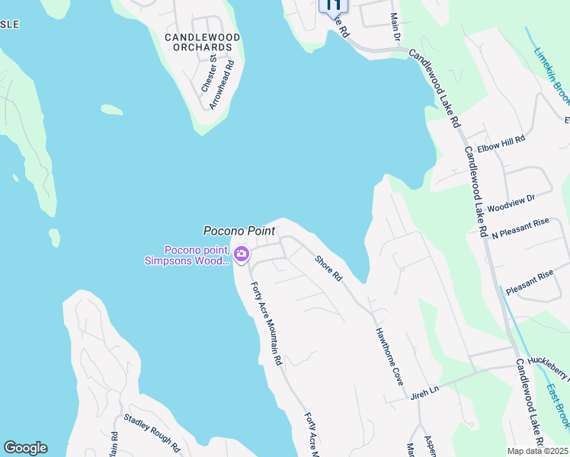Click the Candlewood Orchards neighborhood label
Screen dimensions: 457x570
(202, 42)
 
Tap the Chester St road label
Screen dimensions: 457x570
(207, 73)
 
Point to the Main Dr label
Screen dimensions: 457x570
(395, 26)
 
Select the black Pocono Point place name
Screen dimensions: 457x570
(239, 230)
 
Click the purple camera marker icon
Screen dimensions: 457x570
(242, 254)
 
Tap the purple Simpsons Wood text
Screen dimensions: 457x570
(187, 261)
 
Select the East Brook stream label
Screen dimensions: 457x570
(557, 404)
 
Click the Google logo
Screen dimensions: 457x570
(25, 448)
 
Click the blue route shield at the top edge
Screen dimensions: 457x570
(333, 5)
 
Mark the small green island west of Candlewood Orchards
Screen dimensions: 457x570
(112, 110)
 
